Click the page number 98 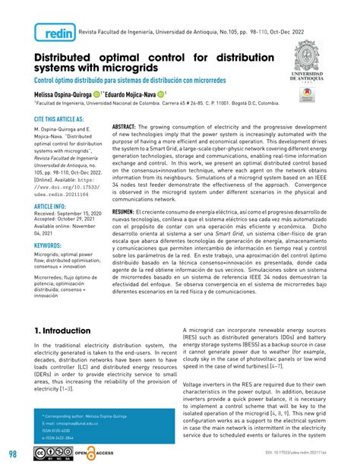tap(14, 454)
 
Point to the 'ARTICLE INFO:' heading tap(50, 206)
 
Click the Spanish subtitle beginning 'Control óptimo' tap(129, 81)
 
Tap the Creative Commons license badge tap(48, 454)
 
